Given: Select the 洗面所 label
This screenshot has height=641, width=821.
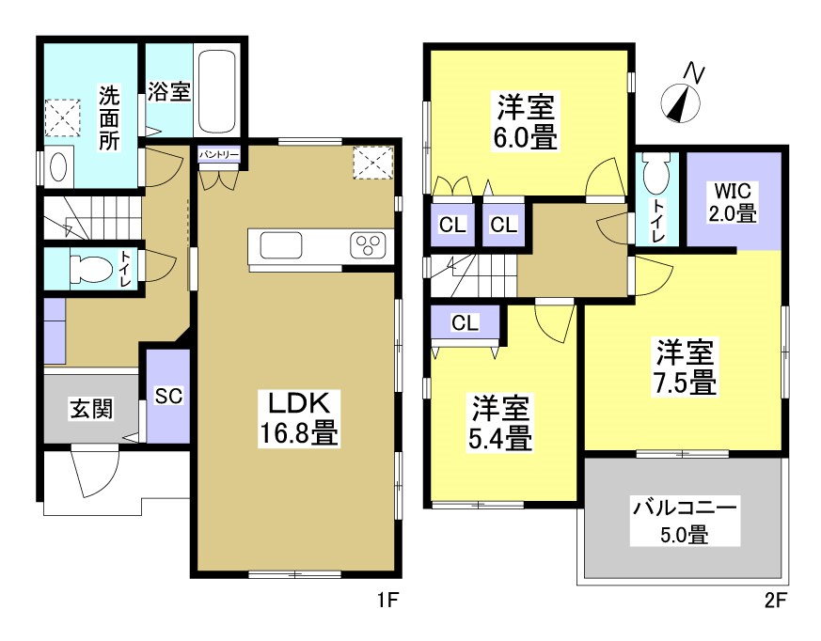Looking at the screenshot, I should point(110,118).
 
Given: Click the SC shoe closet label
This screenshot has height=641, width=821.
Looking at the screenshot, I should point(168,396).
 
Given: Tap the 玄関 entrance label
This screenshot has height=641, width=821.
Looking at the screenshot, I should point(91,409).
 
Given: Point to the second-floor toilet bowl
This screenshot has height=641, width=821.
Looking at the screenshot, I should point(654,174).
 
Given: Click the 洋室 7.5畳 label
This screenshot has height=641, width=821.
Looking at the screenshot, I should point(686,367).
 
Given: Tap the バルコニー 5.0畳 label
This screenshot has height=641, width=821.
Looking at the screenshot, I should point(684,522).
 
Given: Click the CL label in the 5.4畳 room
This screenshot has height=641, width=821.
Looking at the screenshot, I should point(464,322).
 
